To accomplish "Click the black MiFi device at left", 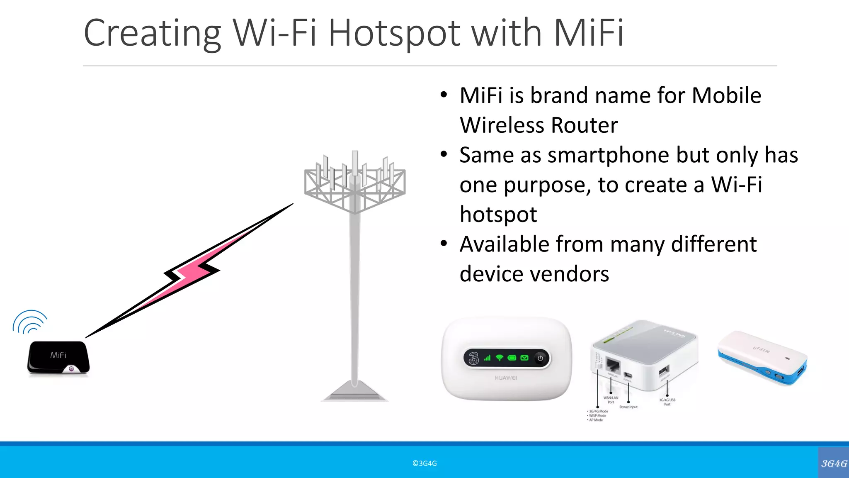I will click(x=58, y=358).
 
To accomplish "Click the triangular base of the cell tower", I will click(x=354, y=392).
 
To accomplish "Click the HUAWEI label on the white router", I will click(x=506, y=378).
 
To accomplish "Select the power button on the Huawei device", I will click(x=540, y=358).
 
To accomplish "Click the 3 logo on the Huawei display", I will click(x=473, y=358).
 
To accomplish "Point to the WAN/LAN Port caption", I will click(x=611, y=400).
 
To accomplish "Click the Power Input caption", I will click(x=628, y=407).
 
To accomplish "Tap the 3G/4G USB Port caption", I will click(x=667, y=402).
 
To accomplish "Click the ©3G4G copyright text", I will click(x=424, y=463).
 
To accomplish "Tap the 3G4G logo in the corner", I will click(x=834, y=463).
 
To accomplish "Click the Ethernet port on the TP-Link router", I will click(x=613, y=365).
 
